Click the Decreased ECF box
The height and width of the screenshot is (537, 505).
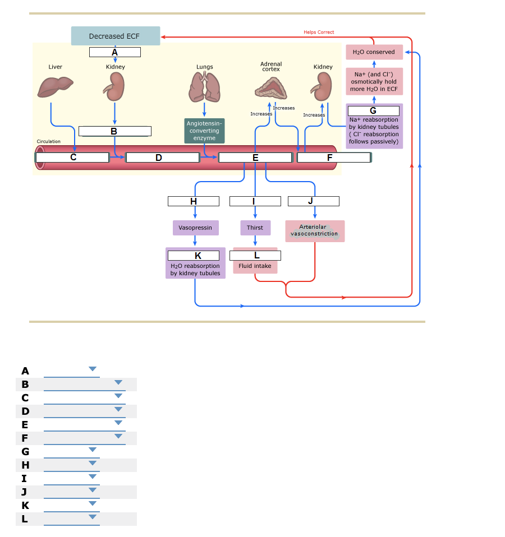click(x=115, y=36)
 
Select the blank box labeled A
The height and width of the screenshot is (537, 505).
click(x=115, y=52)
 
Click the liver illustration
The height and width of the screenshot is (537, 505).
click(x=55, y=87)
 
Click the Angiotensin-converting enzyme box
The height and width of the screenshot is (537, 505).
click(x=204, y=131)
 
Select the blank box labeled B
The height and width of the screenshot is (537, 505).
click(x=114, y=131)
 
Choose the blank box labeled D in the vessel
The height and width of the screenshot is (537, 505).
click(x=162, y=158)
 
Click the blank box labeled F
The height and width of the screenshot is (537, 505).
click(x=333, y=158)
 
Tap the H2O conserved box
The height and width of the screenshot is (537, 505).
click(x=374, y=52)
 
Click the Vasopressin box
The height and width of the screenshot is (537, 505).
click(x=195, y=228)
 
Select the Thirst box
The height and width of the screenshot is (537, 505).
click(x=255, y=228)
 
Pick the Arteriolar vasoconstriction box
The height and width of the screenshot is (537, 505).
click(x=315, y=230)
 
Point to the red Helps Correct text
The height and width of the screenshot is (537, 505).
click(x=319, y=32)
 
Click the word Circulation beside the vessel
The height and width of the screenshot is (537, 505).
click(x=49, y=141)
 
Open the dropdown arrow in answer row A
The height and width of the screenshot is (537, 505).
click(x=93, y=369)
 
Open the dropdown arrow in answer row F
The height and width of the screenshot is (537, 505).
click(x=118, y=436)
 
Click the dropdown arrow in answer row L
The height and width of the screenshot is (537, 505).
click(x=93, y=517)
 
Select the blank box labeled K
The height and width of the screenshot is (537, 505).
click(x=194, y=256)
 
